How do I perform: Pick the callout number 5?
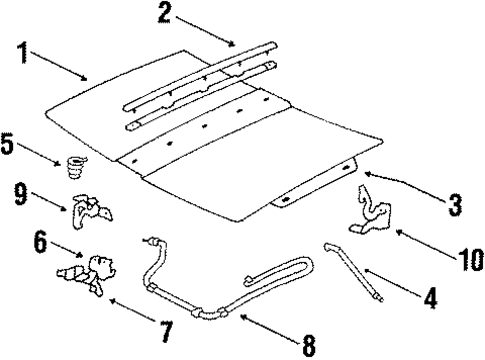(10, 144)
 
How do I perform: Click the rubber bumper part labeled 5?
(73, 164)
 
